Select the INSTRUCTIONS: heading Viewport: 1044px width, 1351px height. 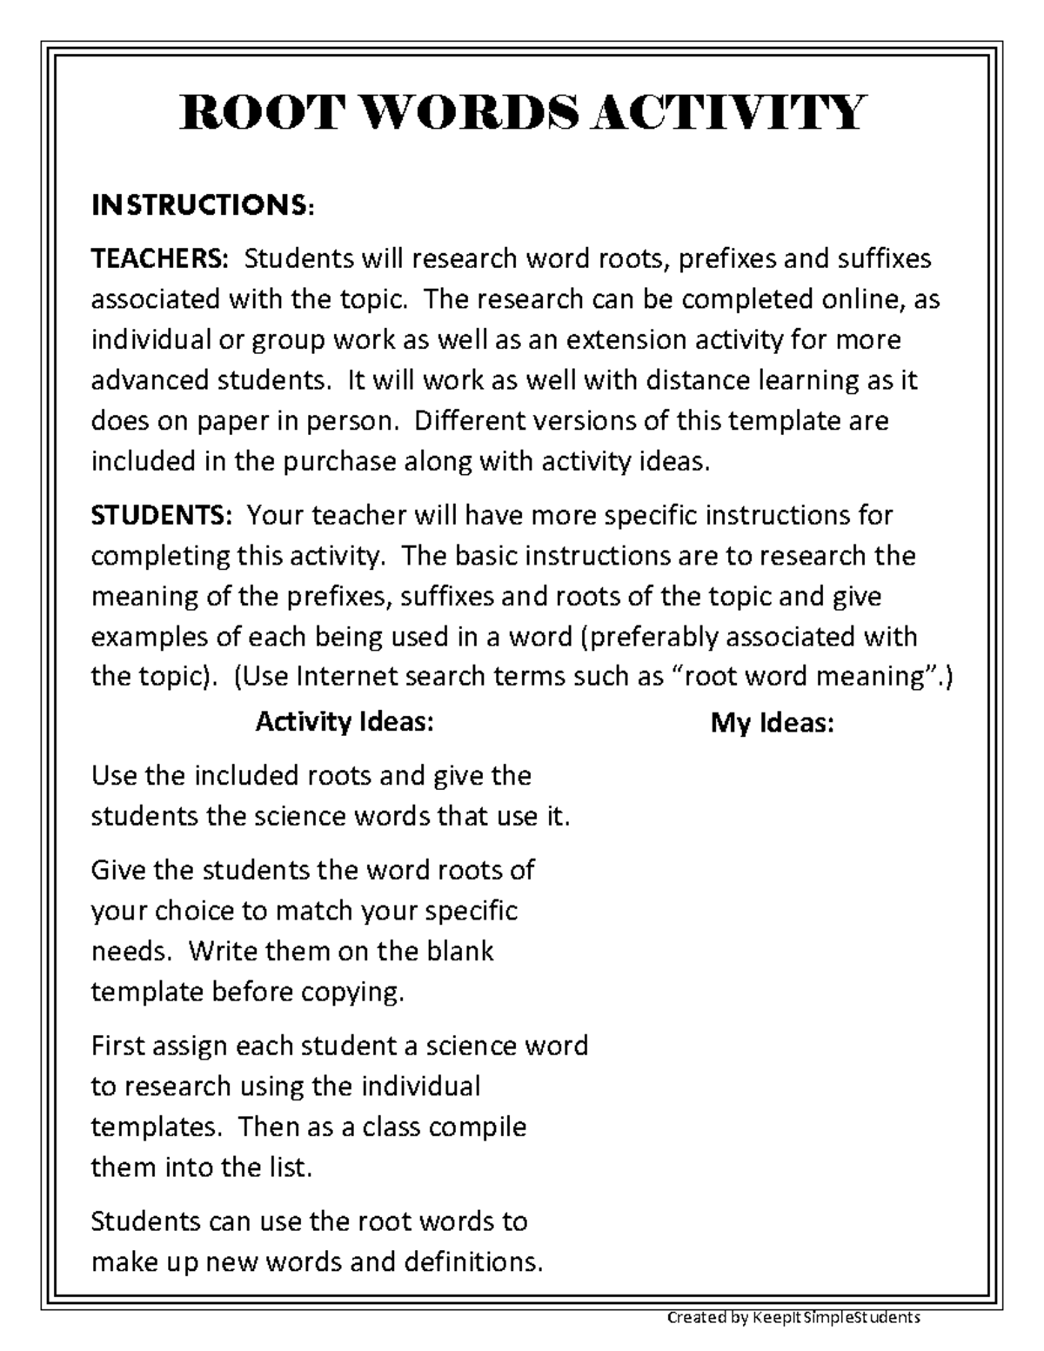click(202, 206)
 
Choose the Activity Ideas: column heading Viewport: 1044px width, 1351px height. click(344, 722)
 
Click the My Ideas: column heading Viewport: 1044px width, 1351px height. click(772, 724)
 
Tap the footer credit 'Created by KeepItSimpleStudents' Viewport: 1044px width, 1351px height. click(793, 1317)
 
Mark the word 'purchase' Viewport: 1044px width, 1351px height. click(339, 461)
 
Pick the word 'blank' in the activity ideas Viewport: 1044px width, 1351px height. click(459, 951)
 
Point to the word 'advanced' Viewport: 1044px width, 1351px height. click(149, 380)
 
